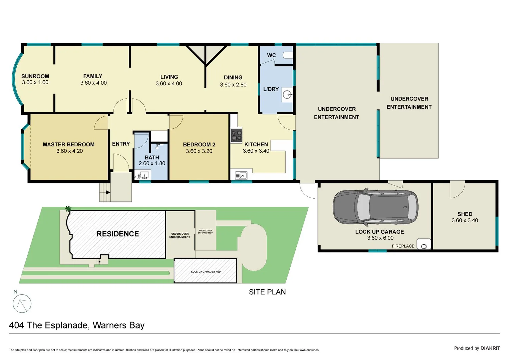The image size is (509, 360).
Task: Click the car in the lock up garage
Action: click(x=376, y=207)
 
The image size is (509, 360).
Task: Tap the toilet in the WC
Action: click(x=288, y=55)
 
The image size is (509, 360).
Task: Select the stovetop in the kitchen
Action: click(x=236, y=135)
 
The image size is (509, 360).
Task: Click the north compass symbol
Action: click(x=22, y=304)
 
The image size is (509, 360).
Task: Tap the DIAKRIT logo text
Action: click(x=490, y=348)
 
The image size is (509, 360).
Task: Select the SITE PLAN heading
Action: click(x=267, y=292)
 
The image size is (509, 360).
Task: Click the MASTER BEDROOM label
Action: click(x=69, y=144)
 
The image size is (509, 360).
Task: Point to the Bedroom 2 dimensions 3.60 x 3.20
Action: click(x=199, y=151)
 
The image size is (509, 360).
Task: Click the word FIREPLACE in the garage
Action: click(x=403, y=246)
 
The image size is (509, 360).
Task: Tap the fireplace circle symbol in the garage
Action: click(x=424, y=246)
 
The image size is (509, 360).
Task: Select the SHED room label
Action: click(x=465, y=214)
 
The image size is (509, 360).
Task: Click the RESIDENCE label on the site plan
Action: click(x=118, y=234)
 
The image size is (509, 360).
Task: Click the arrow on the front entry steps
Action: click(x=108, y=192)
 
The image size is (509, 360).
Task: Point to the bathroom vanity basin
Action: click(x=143, y=175)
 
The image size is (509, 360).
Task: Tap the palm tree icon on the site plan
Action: click(x=68, y=209)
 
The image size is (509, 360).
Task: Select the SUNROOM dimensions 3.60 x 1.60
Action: click(x=35, y=82)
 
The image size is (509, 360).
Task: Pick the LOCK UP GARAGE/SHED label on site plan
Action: click(x=206, y=272)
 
